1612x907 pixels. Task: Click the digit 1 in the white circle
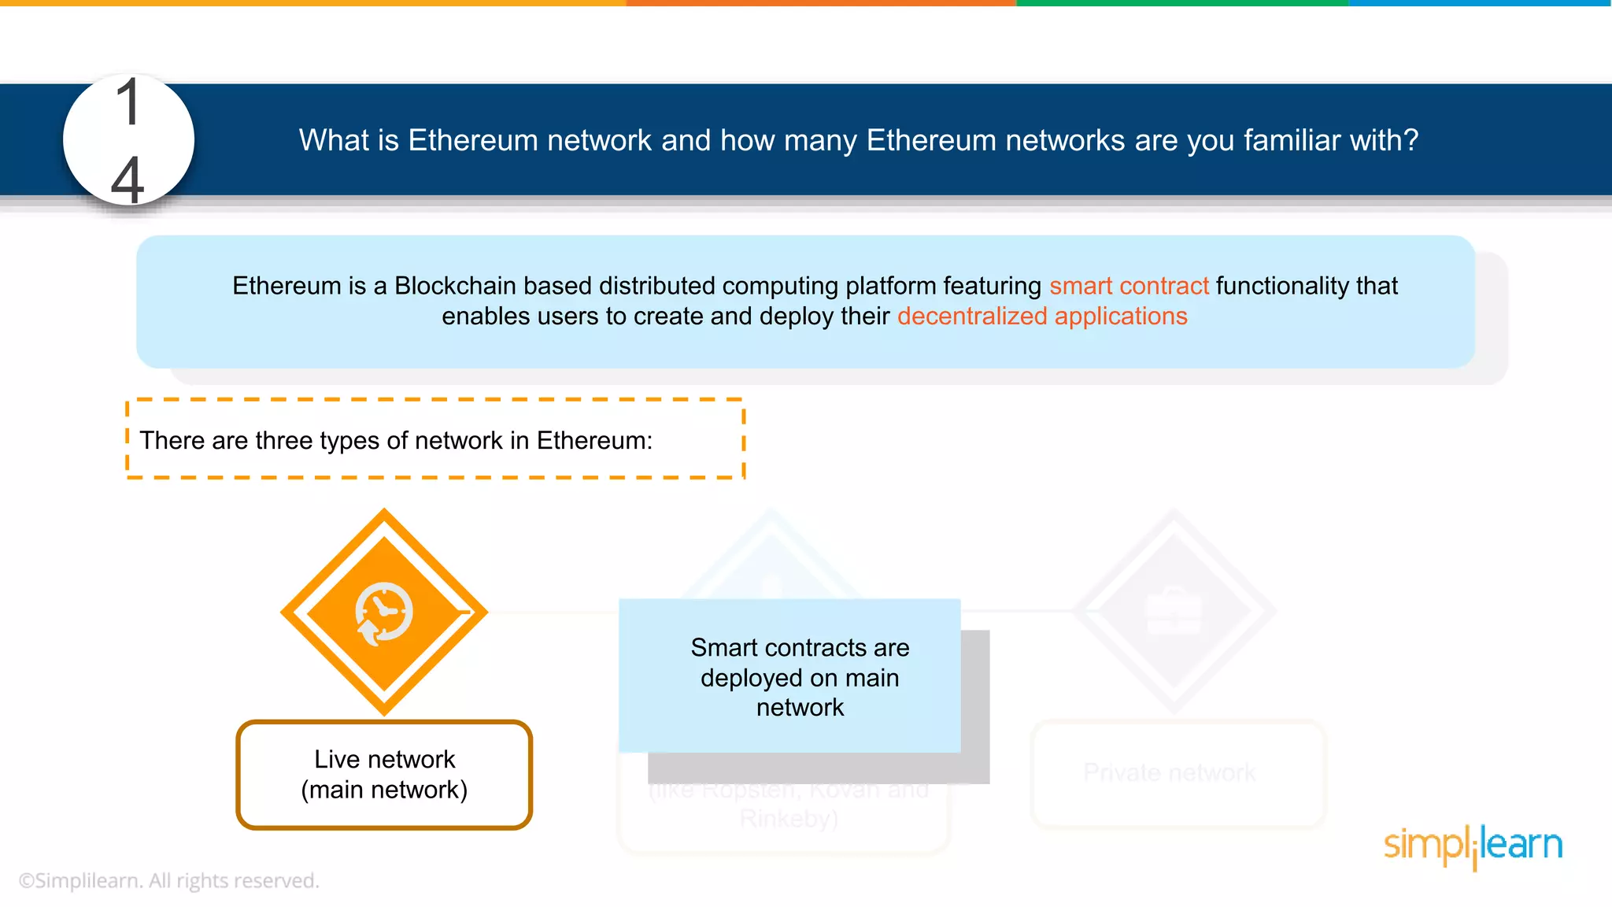click(128, 102)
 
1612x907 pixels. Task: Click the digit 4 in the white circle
click(128, 180)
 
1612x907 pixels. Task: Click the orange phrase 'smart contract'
click(1129, 286)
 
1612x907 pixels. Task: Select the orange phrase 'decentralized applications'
click(1042, 317)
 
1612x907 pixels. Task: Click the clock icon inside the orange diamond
click(384, 612)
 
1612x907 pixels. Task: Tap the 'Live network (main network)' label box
click(384, 775)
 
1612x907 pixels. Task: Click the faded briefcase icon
click(1174, 611)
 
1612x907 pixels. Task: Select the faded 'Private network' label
click(1169, 772)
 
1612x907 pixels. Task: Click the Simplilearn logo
click(1473, 846)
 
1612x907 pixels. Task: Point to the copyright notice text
click(169, 880)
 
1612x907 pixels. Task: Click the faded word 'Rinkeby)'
click(789, 820)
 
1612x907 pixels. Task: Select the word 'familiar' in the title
click(1292, 140)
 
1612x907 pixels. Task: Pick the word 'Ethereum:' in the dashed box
click(594, 441)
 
